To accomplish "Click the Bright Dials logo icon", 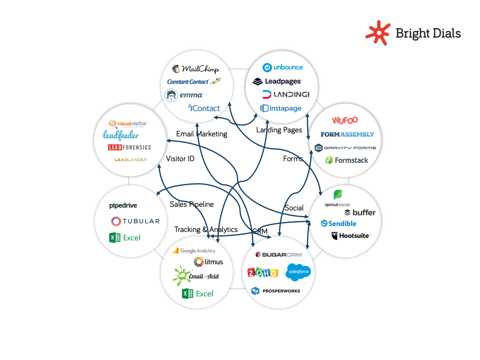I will pyautogui.click(x=378, y=32).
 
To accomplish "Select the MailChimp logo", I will pyautogui.click(x=195, y=69).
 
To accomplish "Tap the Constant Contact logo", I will pyautogui.click(x=194, y=82).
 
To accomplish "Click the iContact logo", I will pyautogui.click(x=204, y=108).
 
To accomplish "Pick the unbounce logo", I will pyautogui.click(x=283, y=67).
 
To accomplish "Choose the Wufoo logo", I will pyautogui.click(x=345, y=120).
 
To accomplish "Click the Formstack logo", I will pyautogui.click(x=346, y=160).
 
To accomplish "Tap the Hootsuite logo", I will pyautogui.click(x=351, y=236).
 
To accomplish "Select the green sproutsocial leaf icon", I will pyautogui.click(x=338, y=195).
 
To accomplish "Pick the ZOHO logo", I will pyautogui.click(x=263, y=273).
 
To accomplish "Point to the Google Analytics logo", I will pyautogui.click(x=194, y=251).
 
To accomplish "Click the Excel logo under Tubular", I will pyautogui.click(x=125, y=238).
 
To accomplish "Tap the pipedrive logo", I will pyautogui.click(x=123, y=206).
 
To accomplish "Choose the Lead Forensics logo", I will pyautogui.click(x=130, y=147).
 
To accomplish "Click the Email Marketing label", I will pyautogui.click(x=202, y=134).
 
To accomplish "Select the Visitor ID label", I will pyautogui.click(x=180, y=159).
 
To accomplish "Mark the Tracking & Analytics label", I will pyautogui.click(x=206, y=230).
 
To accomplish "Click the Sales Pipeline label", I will pyautogui.click(x=192, y=204).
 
